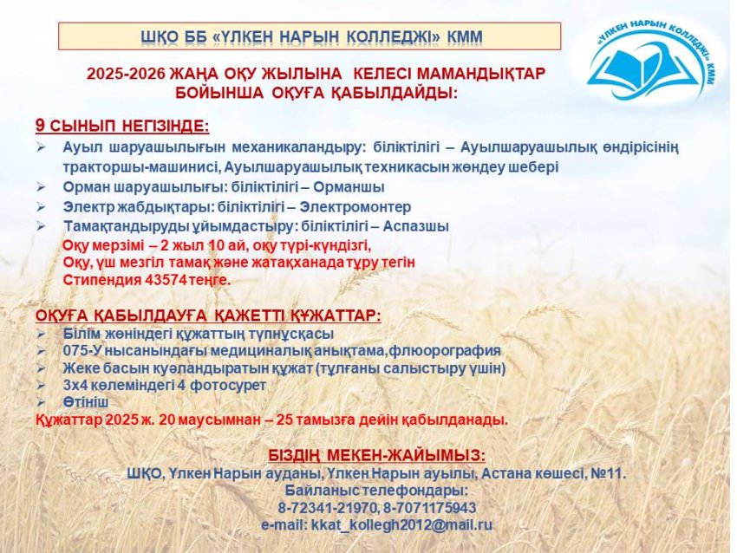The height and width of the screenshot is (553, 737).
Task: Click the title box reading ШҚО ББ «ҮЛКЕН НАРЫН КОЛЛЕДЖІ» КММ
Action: coord(310,36)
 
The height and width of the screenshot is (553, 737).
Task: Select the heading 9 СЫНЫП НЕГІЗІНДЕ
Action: coord(122,126)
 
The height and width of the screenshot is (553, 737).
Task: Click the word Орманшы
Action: coord(353,186)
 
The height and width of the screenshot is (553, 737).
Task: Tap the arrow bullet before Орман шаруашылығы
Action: coord(42,186)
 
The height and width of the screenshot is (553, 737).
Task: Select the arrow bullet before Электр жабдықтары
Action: coord(42,207)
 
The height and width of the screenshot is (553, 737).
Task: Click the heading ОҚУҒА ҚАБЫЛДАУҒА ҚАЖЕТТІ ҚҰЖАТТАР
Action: coord(208,316)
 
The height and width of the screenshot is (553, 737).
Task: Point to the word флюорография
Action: coord(451,350)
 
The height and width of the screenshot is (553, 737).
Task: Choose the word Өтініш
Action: coord(85,402)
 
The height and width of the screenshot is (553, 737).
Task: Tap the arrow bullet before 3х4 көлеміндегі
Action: coord(42,385)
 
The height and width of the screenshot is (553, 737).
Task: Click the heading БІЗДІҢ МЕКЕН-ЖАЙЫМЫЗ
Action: coord(376,456)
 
